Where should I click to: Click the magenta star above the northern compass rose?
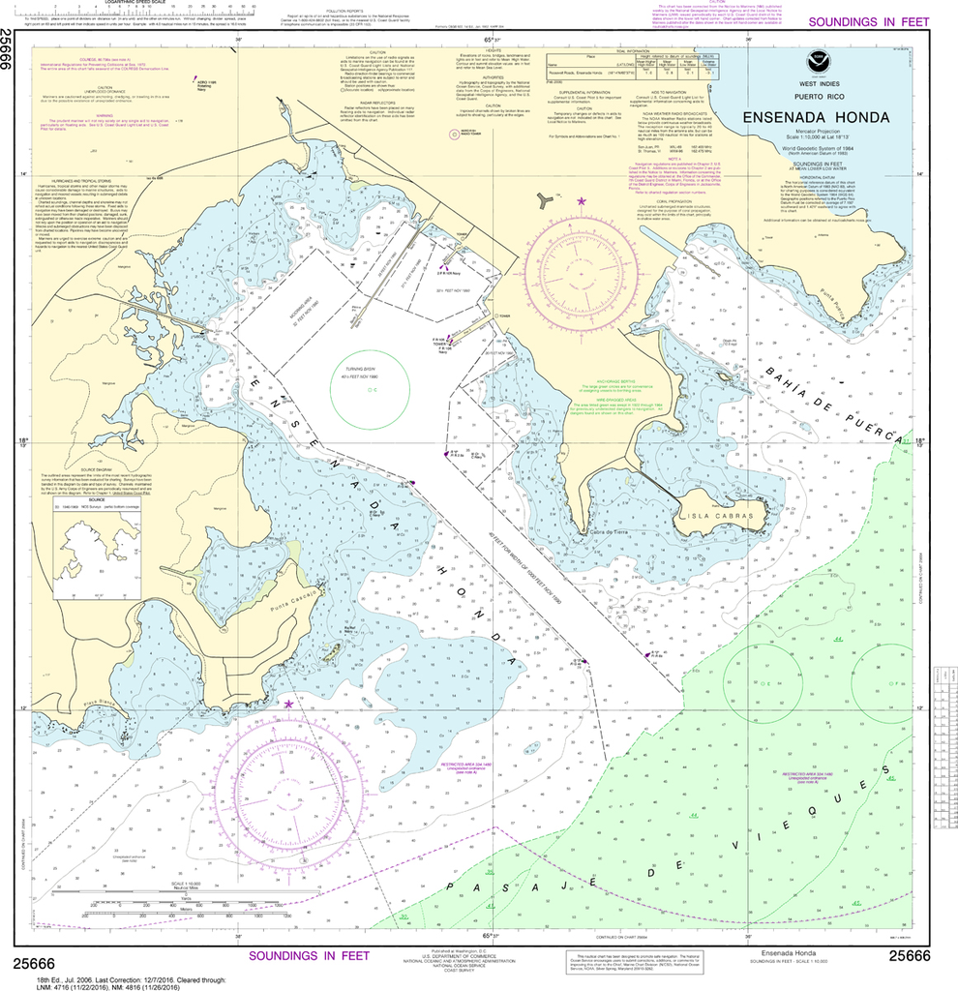pos(581,201)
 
